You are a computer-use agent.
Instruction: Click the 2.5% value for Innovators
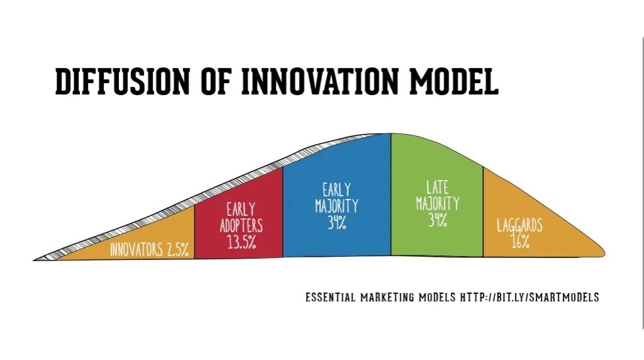[178, 249]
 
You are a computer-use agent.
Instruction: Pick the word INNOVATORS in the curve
[137, 250]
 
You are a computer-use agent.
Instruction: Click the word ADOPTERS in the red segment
[241, 226]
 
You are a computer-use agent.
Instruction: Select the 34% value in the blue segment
[337, 222]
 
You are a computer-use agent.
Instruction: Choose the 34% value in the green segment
[438, 220]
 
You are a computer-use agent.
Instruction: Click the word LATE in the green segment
[437, 187]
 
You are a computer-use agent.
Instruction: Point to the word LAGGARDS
[519, 225]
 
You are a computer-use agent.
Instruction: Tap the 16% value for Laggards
[521, 242]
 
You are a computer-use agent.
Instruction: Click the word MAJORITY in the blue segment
[337, 206]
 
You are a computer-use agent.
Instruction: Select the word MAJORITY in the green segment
[438, 204]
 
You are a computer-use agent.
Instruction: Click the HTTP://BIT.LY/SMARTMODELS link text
[529, 297]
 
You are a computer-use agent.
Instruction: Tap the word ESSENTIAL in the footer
[330, 297]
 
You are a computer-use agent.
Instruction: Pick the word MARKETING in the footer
[387, 297]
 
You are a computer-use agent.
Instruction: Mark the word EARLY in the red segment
[241, 210]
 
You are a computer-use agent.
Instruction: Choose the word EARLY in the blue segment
[337, 189]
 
